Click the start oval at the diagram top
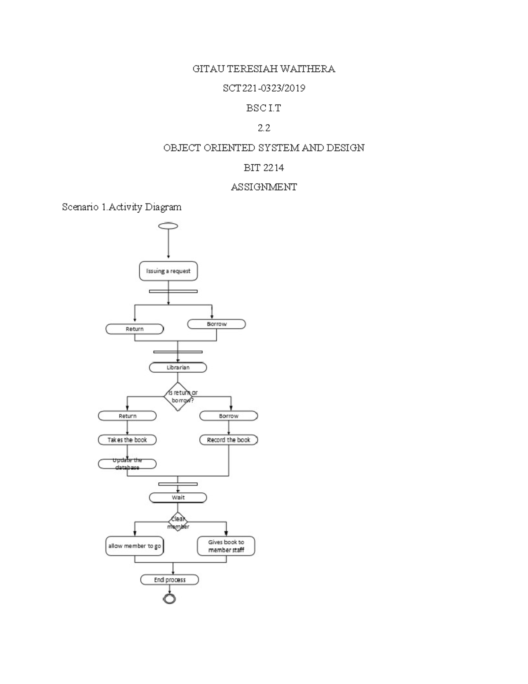(x=169, y=226)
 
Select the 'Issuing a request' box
(x=169, y=271)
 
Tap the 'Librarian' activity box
(x=178, y=367)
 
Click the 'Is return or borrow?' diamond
(x=178, y=396)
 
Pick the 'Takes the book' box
(x=127, y=440)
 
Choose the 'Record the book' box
(x=228, y=440)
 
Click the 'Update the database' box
(x=127, y=464)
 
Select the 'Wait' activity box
(x=178, y=497)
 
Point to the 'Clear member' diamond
(x=178, y=522)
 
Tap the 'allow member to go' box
(x=134, y=546)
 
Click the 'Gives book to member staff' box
(x=226, y=546)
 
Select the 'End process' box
(x=169, y=580)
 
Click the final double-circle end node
(x=169, y=599)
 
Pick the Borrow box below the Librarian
(x=228, y=416)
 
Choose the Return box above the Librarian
(x=134, y=329)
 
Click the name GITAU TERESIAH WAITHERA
(x=264, y=69)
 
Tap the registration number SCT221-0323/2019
(x=264, y=88)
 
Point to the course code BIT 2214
(x=264, y=167)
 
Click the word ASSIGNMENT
(x=264, y=187)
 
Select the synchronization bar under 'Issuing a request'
(x=173, y=291)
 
